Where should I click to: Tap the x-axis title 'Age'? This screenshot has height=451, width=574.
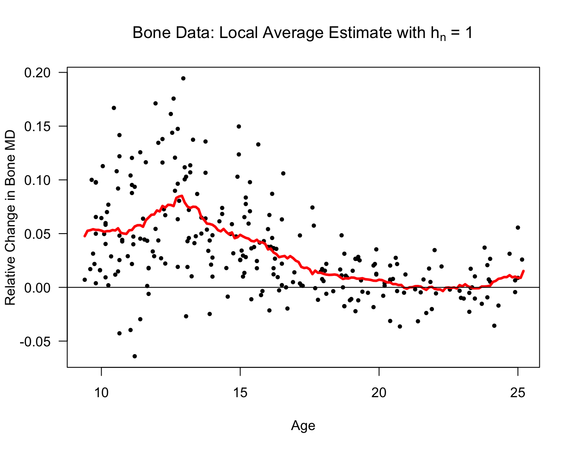coord(303,426)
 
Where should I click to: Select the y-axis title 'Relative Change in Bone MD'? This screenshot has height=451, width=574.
coord(10,218)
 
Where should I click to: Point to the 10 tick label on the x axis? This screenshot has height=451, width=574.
coord(101,393)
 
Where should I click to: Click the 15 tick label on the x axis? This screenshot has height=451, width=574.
coord(240,393)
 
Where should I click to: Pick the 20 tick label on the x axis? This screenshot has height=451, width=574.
coord(379,393)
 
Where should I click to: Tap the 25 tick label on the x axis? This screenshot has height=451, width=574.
coord(518,393)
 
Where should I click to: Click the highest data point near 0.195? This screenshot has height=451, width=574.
coord(183,78)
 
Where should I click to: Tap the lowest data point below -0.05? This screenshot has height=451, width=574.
coord(135,356)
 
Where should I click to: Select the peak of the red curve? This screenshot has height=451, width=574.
coord(182,196)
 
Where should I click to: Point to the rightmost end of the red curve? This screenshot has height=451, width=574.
coord(524,271)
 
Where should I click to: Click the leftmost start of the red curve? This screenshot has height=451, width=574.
coord(85,236)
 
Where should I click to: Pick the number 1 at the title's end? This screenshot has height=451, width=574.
coord(469,33)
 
